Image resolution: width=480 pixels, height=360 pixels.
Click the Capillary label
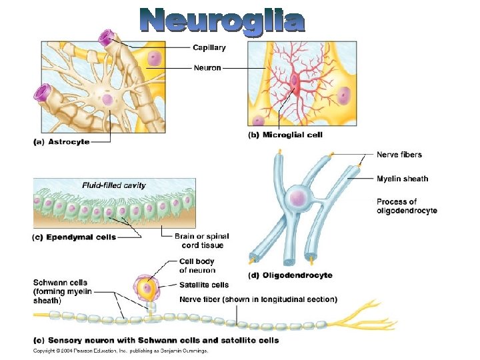(209, 47)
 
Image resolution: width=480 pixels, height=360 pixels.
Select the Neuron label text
(207, 67)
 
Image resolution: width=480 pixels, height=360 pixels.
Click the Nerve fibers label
(399, 155)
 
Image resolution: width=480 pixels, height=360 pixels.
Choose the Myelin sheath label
(402, 179)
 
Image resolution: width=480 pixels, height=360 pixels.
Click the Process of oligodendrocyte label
(407, 206)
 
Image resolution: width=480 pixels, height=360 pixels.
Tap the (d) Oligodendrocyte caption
(290, 275)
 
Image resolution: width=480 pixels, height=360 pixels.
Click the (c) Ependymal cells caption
(74, 237)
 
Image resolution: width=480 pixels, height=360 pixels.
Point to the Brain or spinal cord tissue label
(201, 241)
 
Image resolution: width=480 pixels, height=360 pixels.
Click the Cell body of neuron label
(197, 265)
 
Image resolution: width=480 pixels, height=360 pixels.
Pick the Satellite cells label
(204, 285)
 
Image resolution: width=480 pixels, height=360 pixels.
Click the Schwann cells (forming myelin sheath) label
(61, 291)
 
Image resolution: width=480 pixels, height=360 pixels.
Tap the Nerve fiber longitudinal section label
(258, 299)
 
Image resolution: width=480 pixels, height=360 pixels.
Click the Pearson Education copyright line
(121, 350)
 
